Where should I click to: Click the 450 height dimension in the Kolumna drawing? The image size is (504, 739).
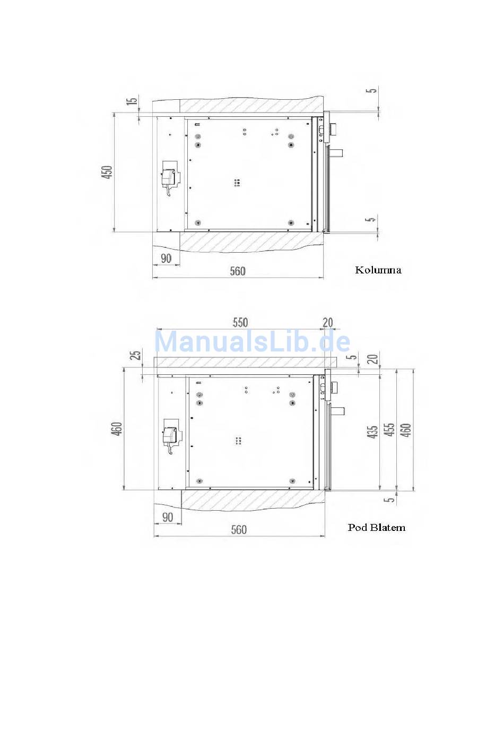pyautogui.click(x=107, y=172)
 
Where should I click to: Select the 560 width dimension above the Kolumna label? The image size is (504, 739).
pyautogui.click(x=238, y=271)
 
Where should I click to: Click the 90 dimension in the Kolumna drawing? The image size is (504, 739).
pyautogui.click(x=166, y=259)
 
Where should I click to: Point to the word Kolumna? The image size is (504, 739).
pyautogui.click(x=378, y=270)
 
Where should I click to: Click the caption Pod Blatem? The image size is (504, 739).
pyautogui.click(x=377, y=527)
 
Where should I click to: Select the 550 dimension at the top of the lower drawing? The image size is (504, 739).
pyautogui.click(x=240, y=322)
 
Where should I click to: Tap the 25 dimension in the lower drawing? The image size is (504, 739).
pyautogui.click(x=136, y=355)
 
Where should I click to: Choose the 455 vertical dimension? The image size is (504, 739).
pyautogui.click(x=389, y=430)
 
